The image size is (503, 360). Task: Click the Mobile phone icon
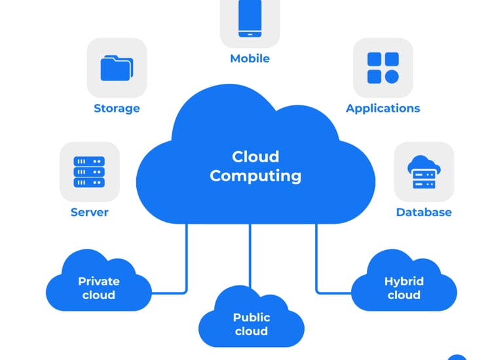250,18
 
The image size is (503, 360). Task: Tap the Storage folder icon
117,68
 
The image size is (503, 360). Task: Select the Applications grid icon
383,68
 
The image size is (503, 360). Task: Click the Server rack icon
90,171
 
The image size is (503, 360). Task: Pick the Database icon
424,171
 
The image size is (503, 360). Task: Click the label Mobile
250,59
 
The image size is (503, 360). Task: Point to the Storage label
117,109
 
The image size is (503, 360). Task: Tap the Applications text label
383,109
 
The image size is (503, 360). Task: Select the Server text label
90,212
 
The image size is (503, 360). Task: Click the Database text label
424,212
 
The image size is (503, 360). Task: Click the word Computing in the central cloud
255,176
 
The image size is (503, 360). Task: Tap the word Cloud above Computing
255,156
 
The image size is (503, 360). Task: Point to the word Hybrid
404,281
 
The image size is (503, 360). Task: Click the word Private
99,281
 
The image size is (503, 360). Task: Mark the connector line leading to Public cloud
251,255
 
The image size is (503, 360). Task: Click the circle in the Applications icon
392,77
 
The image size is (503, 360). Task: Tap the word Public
251,317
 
